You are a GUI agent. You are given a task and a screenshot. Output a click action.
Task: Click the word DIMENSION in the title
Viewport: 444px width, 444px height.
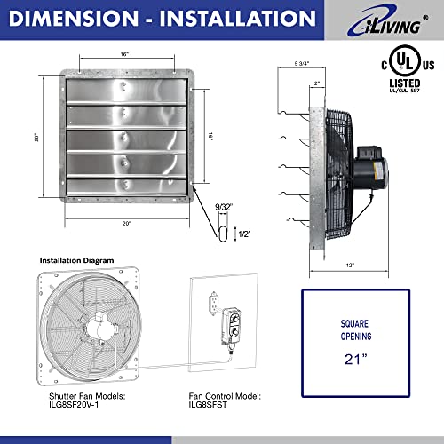click(73, 17)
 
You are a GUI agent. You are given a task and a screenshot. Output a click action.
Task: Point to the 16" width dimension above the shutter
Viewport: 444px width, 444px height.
click(131, 56)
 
